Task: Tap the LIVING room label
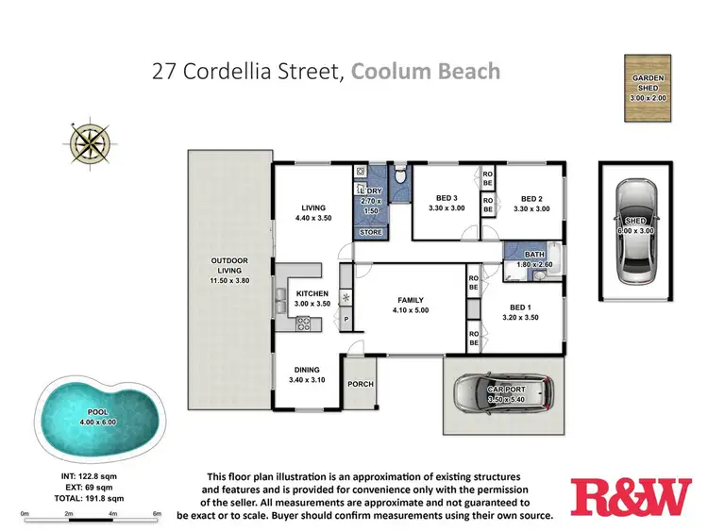312,208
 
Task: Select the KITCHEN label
312,293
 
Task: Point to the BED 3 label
445,197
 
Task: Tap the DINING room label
306,370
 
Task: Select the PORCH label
361,384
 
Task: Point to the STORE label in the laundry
370,231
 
